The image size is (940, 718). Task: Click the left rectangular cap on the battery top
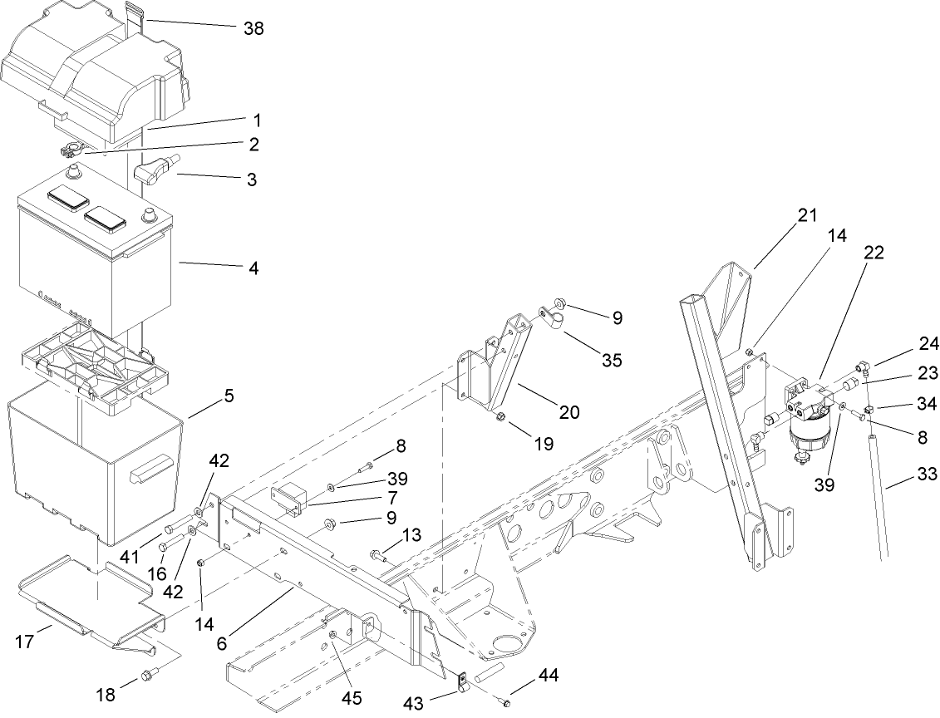68,197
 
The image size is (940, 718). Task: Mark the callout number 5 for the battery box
228,396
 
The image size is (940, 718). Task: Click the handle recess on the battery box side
149,475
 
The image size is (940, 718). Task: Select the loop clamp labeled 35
551,317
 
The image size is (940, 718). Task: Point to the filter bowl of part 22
805,433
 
